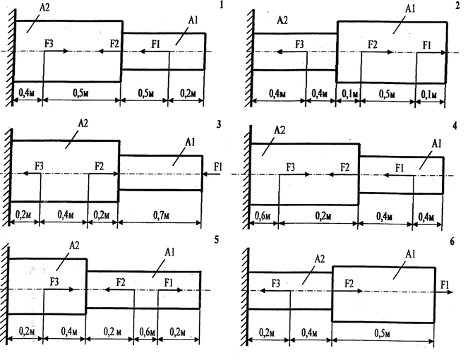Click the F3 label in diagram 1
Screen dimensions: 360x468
[x=49, y=44]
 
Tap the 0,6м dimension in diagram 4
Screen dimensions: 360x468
[x=263, y=214]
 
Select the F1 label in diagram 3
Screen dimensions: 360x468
[x=217, y=166]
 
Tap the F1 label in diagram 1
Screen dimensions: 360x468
[x=157, y=44]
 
